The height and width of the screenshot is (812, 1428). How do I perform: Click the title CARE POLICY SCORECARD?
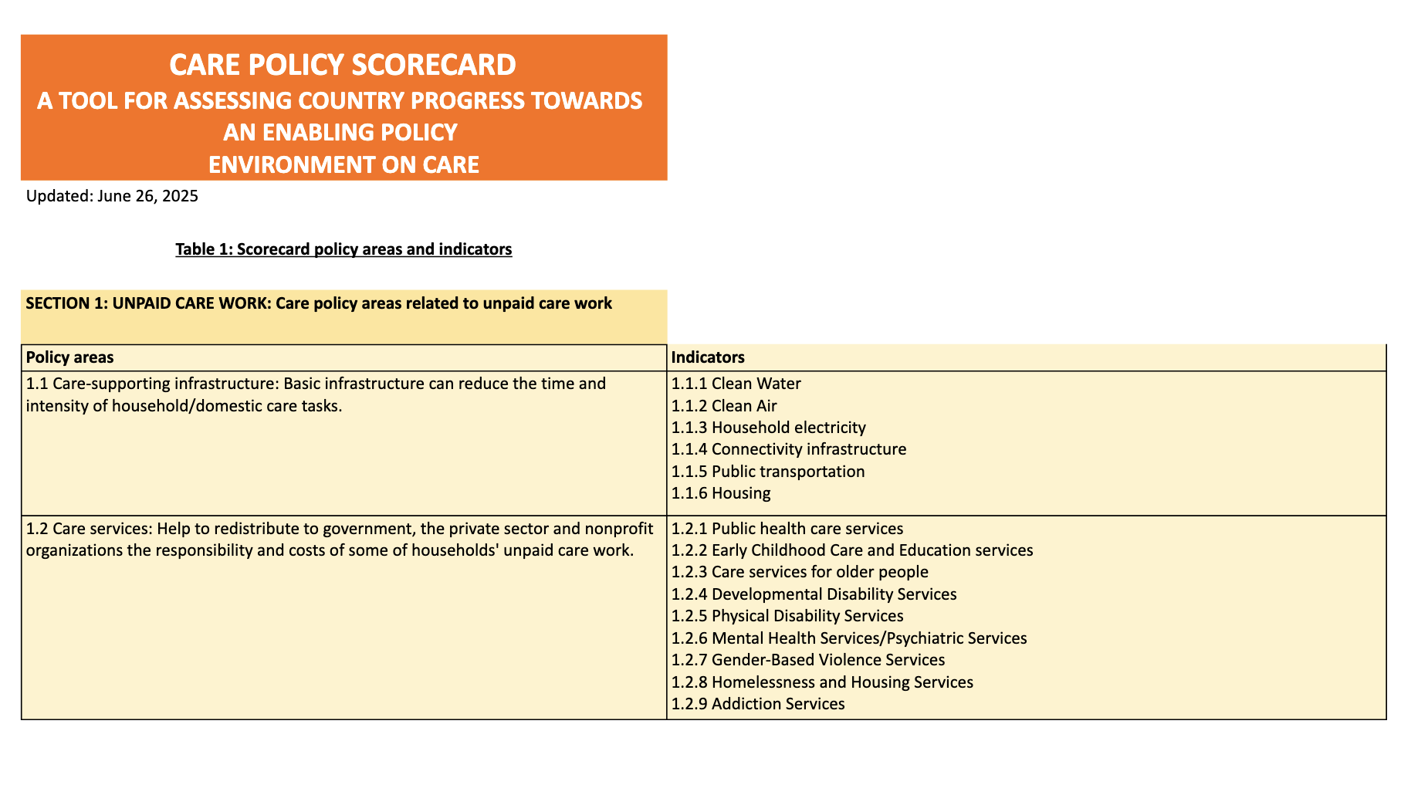[x=343, y=65]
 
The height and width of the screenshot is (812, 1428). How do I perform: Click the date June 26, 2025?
[x=148, y=196]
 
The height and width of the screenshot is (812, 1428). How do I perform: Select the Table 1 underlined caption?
[x=343, y=249]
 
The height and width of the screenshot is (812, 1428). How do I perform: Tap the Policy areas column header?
[x=69, y=357]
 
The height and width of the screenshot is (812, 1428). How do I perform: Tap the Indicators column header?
[x=708, y=357]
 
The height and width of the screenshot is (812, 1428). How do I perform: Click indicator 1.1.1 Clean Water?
[x=736, y=384]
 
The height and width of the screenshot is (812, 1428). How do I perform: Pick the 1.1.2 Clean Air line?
[x=724, y=406]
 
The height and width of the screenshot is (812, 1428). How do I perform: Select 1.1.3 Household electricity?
[x=768, y=428]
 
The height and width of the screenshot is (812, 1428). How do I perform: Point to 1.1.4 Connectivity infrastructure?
[x=788, y=449]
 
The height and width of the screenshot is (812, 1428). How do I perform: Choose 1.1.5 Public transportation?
[x=767, y=472]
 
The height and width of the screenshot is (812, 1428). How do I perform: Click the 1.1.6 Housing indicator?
[x=720, y=493]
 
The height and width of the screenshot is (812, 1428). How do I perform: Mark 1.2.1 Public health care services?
[x=787, y=529]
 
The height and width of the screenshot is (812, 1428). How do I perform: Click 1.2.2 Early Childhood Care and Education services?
[x=851, y=550]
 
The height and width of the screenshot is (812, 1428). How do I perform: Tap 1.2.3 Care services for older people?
[x=800, y=572]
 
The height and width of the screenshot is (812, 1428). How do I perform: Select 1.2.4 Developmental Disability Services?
[x=814, y=594]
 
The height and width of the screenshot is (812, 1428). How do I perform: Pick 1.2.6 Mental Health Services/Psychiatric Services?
[x=848, y=638]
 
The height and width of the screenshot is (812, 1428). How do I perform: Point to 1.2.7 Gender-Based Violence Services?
[x=807, y=660]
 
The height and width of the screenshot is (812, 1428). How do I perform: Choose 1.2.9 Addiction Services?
[x=757, y=704]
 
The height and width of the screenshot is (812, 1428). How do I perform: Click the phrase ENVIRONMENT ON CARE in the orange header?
[x=343, y=164]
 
